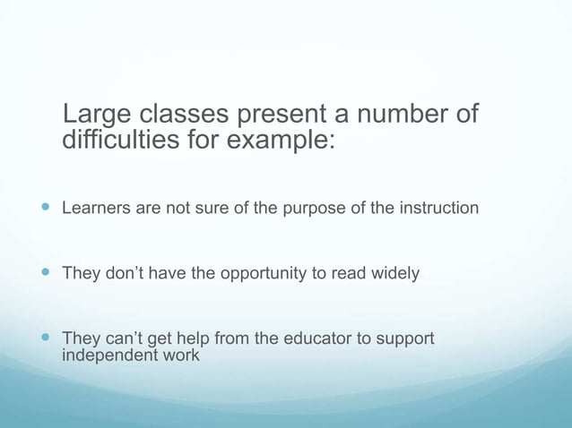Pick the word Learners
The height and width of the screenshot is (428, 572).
pyautogui.click(x=96, y=209)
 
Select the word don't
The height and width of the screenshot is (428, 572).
pyautogui.click(x=121, y=273)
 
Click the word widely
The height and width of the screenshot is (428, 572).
pyautogui.click(x=394, y=273)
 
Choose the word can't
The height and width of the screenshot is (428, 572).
pyautogui.click(x=121, y=338)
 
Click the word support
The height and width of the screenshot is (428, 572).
pyautogui.click(x=407, y=339)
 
